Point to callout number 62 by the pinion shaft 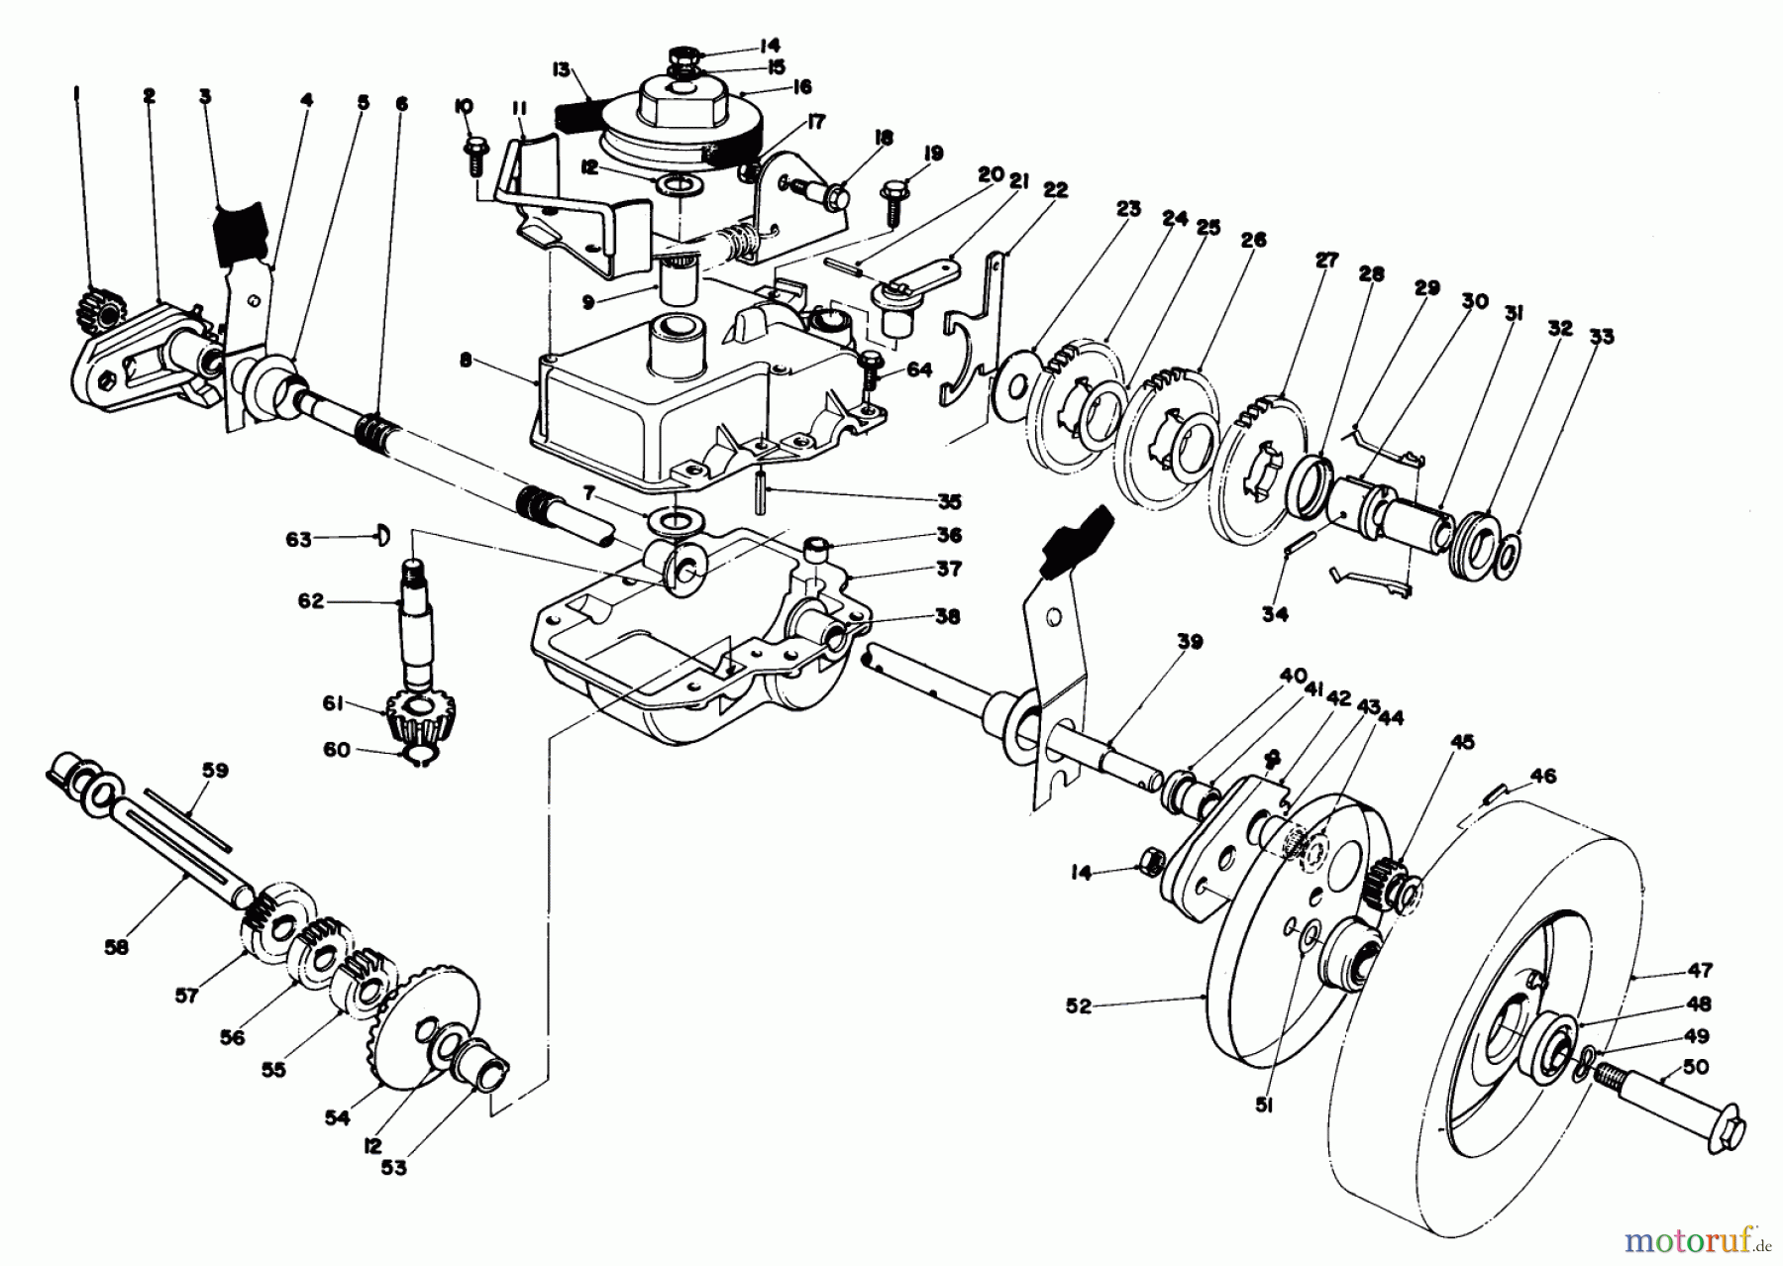[x=310, y=600]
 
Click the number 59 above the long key [x=215, y=770]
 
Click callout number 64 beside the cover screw [x=918, y=369]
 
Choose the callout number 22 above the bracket [x=1055, y=190]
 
